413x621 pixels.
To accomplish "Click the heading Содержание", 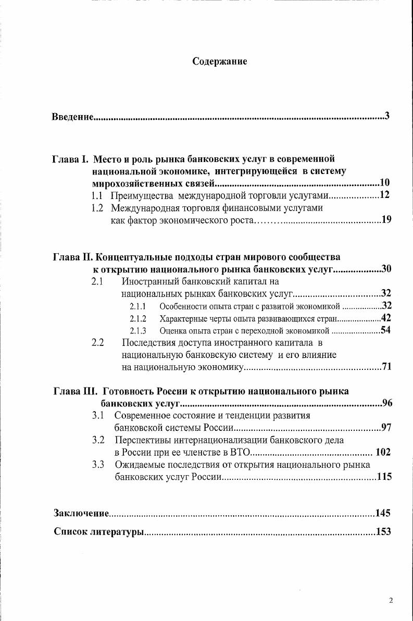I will (219, 61).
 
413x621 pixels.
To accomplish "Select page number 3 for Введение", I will (387, 116).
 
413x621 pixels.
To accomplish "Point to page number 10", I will (384, 183).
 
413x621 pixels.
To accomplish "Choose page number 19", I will (386, 220).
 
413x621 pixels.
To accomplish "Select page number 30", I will (386, 269).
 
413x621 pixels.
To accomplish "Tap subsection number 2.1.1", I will (137, 306).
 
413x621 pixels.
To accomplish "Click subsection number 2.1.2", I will (137, 318).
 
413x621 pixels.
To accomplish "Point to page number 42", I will (386, 318).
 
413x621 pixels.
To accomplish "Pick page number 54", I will (386, 330).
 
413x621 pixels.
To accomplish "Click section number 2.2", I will (98, 343).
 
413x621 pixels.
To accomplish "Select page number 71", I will (386, 367).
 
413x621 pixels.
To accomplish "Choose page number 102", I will (383, 452).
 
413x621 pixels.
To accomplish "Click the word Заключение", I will (81, 514).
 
